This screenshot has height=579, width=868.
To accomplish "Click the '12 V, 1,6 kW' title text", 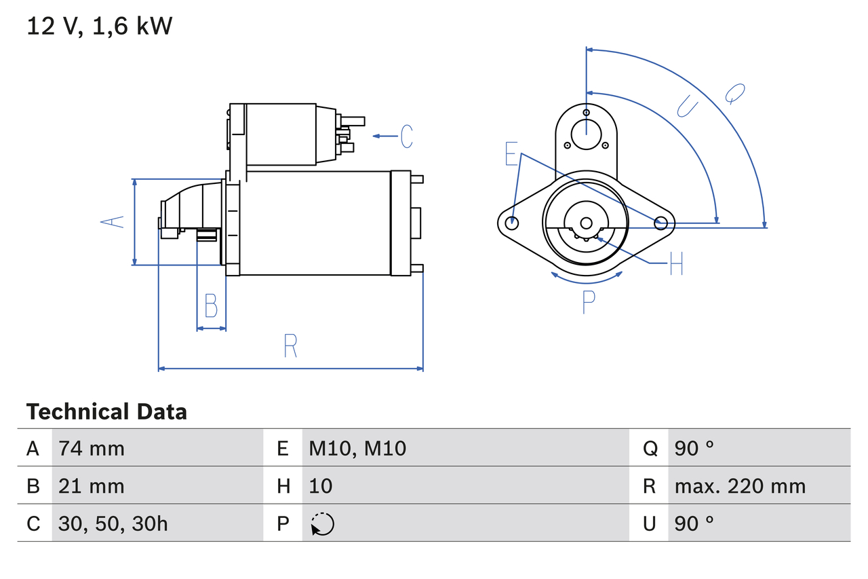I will (x=99, y=26).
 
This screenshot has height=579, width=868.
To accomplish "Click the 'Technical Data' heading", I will (x=106, y=412).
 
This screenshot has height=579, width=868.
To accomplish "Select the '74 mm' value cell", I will (x=92, y=448).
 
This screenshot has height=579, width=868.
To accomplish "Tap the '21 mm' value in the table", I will (x=92, y=486).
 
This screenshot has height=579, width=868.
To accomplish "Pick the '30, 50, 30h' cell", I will (x=113, y=523).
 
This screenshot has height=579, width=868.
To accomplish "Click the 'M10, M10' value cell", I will (x=357, y=448).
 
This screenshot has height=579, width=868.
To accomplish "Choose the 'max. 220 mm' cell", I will (x=740, y=486).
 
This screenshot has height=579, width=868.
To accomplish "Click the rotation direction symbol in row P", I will (x=322, y=524).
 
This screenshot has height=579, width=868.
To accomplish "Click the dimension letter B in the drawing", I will (x=211, y=306).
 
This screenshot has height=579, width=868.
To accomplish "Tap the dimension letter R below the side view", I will (x=290, y=346).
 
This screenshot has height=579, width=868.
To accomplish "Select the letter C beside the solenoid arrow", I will (x=406, y=136).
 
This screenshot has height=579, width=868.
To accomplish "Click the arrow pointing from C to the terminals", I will (x=384, y=136).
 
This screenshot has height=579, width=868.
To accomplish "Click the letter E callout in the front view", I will (x=511, y=154).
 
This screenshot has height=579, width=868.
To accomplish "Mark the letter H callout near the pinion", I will (x=676, y=263).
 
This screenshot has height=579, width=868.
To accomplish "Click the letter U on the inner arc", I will (x=687, y=106).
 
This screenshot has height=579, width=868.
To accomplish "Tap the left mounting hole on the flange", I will (x=513, y=222).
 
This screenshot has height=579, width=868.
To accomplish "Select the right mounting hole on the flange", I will (x=660, y=222).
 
